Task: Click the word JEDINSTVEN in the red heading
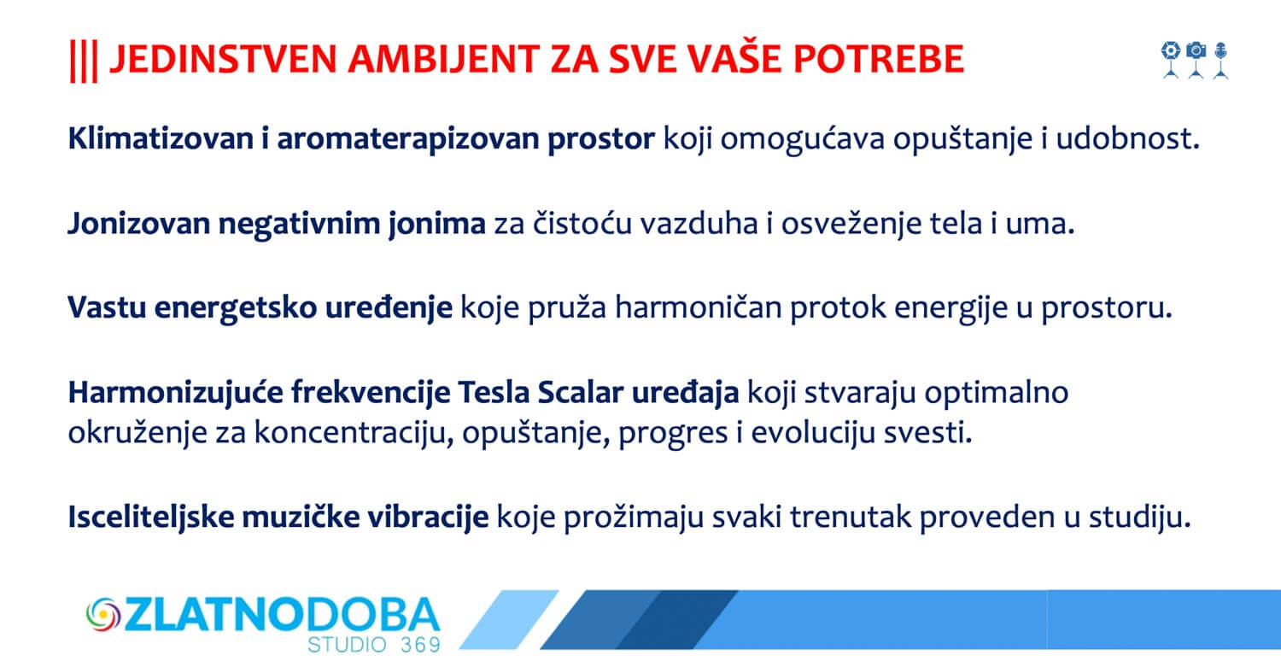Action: point(222,60)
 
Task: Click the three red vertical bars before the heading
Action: point(84,61)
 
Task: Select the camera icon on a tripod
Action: point(1196,60)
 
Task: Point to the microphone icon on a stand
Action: point(1221,60)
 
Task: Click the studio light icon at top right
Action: point(1171,60)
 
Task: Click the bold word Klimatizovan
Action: point(161,138)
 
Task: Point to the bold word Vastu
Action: point(107,307)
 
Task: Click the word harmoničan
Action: point(699,307)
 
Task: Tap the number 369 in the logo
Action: point(420,645)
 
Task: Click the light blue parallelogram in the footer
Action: point(509,619)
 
